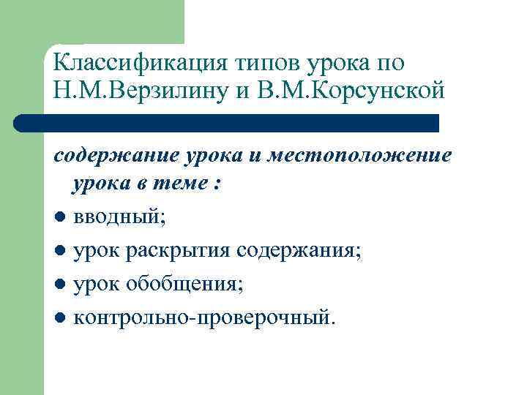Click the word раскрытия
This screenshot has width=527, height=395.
point(179,251)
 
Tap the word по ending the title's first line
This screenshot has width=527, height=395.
point(389,63)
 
